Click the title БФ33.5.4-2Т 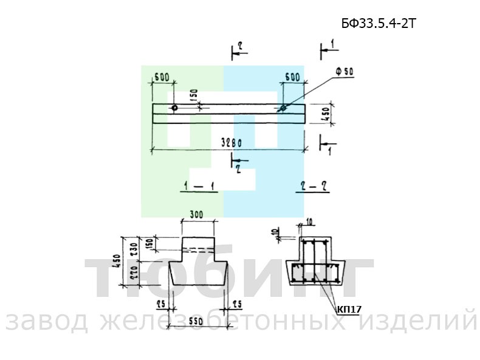[378, 24]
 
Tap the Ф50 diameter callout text [344, 72]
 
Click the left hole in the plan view [174, 108]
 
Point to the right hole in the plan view [283, 109]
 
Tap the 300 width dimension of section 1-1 [196, 215]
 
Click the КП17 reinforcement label [349, 309]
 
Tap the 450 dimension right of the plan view [326, 114]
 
